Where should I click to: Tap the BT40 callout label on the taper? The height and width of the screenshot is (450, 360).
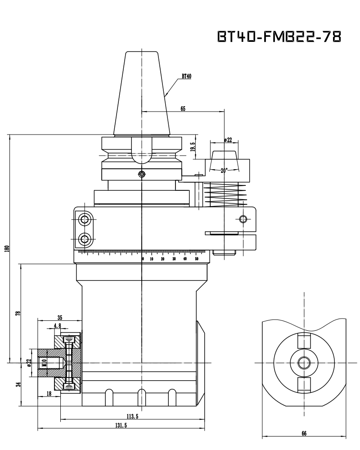[186, 76]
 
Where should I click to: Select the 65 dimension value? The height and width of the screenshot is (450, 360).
[183, 108]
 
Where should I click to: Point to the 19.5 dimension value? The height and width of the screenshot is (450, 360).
[192, 147]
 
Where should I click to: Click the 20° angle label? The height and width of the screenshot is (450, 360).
[224, 171]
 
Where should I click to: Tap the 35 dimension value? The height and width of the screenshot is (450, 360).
[60, 317]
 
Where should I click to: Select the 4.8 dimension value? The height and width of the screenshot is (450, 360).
[57, 325]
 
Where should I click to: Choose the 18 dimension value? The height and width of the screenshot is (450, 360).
[48, 394]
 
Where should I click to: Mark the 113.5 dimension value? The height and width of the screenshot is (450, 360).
[132, 417]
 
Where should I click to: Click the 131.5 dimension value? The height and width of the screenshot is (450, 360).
[120, 425]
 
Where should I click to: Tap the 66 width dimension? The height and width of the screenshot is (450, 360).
[304, 433]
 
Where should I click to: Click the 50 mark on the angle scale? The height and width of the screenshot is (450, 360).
[197, 259]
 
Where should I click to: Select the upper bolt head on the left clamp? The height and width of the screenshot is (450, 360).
[84, 220]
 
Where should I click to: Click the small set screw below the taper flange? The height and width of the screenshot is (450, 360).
[142, 174]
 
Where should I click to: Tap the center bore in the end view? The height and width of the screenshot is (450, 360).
[304, 362]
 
